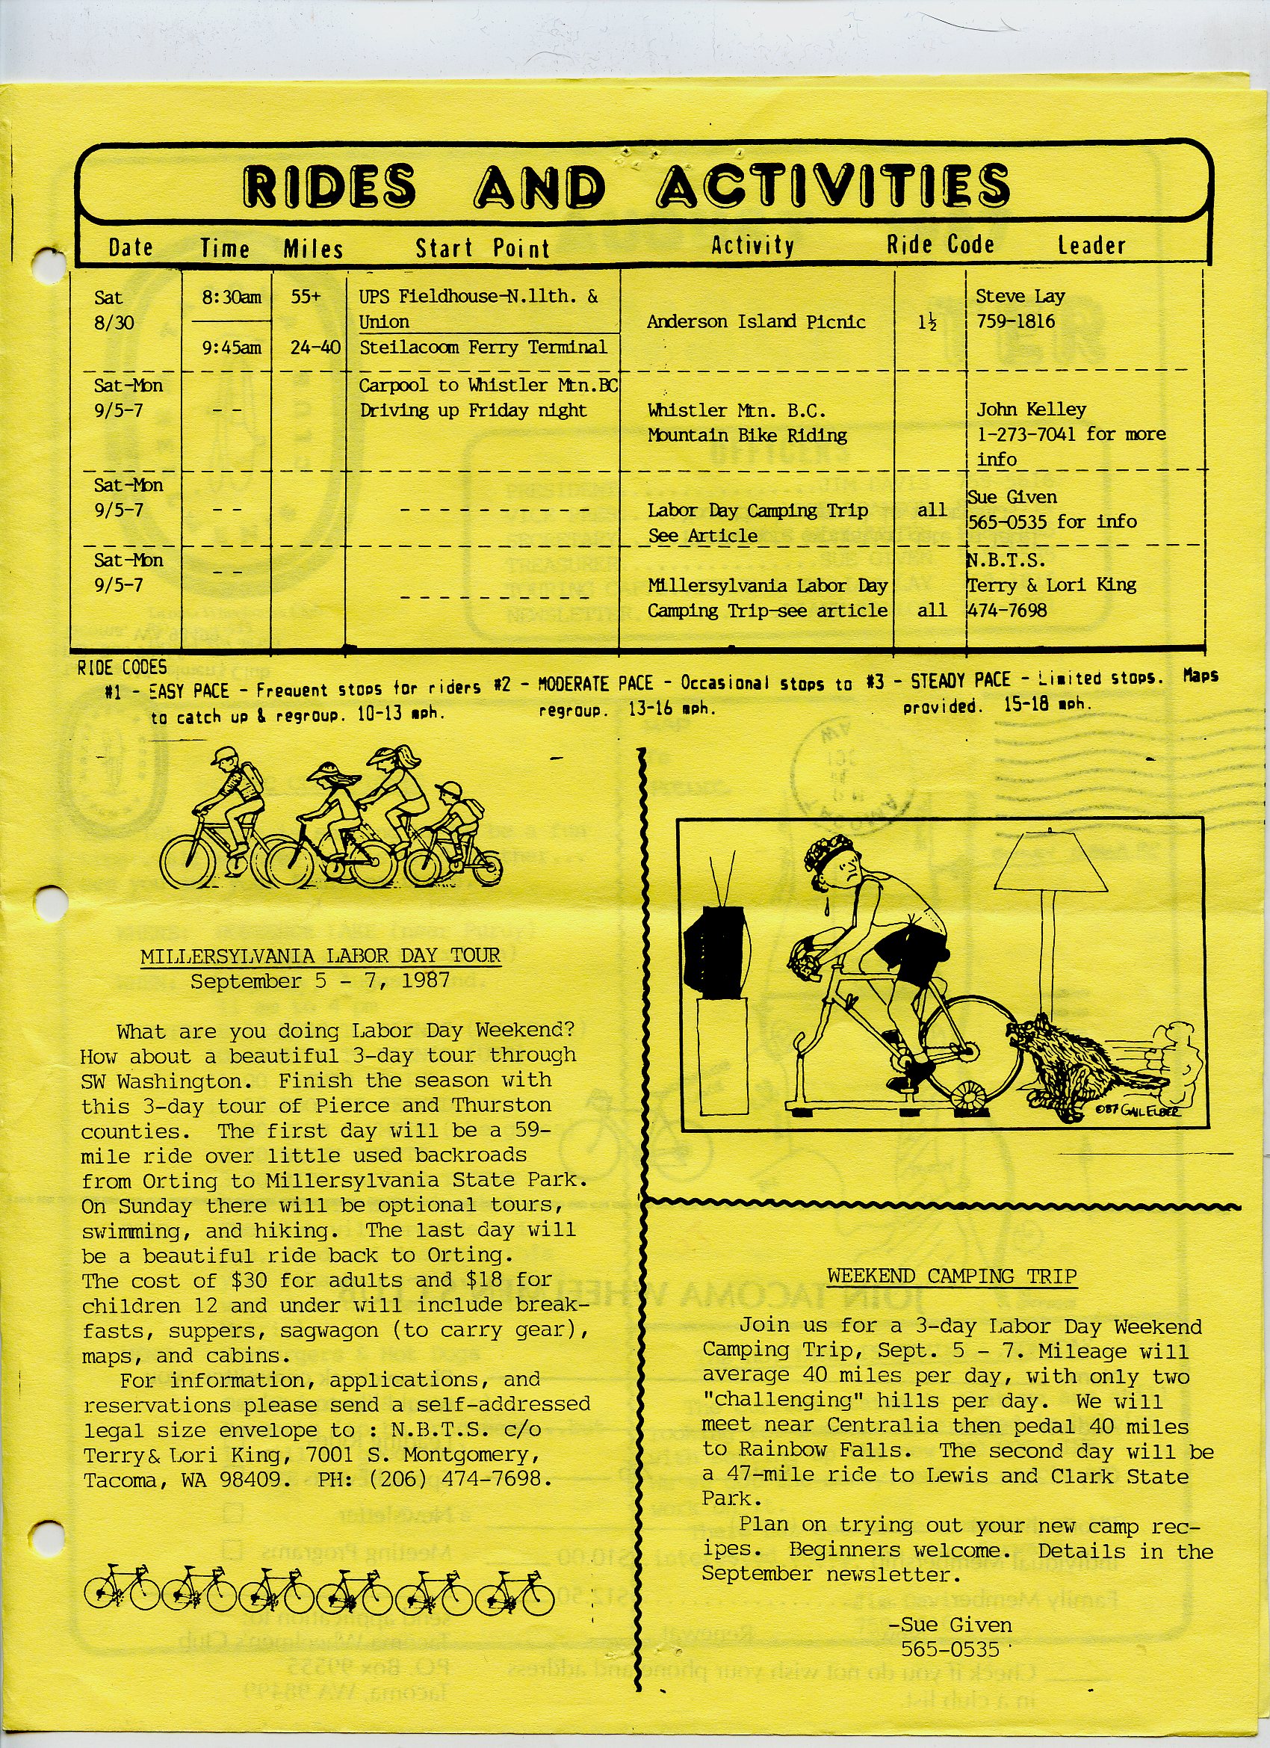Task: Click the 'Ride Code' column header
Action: click(x=940, y=245)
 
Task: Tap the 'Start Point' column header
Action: click(x=483, y=248)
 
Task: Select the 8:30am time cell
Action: click(x=231, y=297)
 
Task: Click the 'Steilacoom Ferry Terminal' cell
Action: click(x=483, y=348)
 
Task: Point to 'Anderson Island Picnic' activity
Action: click(x=756, y=322)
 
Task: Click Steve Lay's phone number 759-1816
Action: click(x=1015, y=322)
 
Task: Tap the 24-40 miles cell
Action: click(x=315, y=348)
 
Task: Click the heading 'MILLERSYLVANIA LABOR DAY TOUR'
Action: click(x=320, y=957)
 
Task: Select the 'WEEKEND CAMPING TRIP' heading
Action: click(x=952, y=1276)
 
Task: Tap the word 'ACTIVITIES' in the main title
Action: click(x=834, y=188)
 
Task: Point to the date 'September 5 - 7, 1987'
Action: click(x=320, y=982)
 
